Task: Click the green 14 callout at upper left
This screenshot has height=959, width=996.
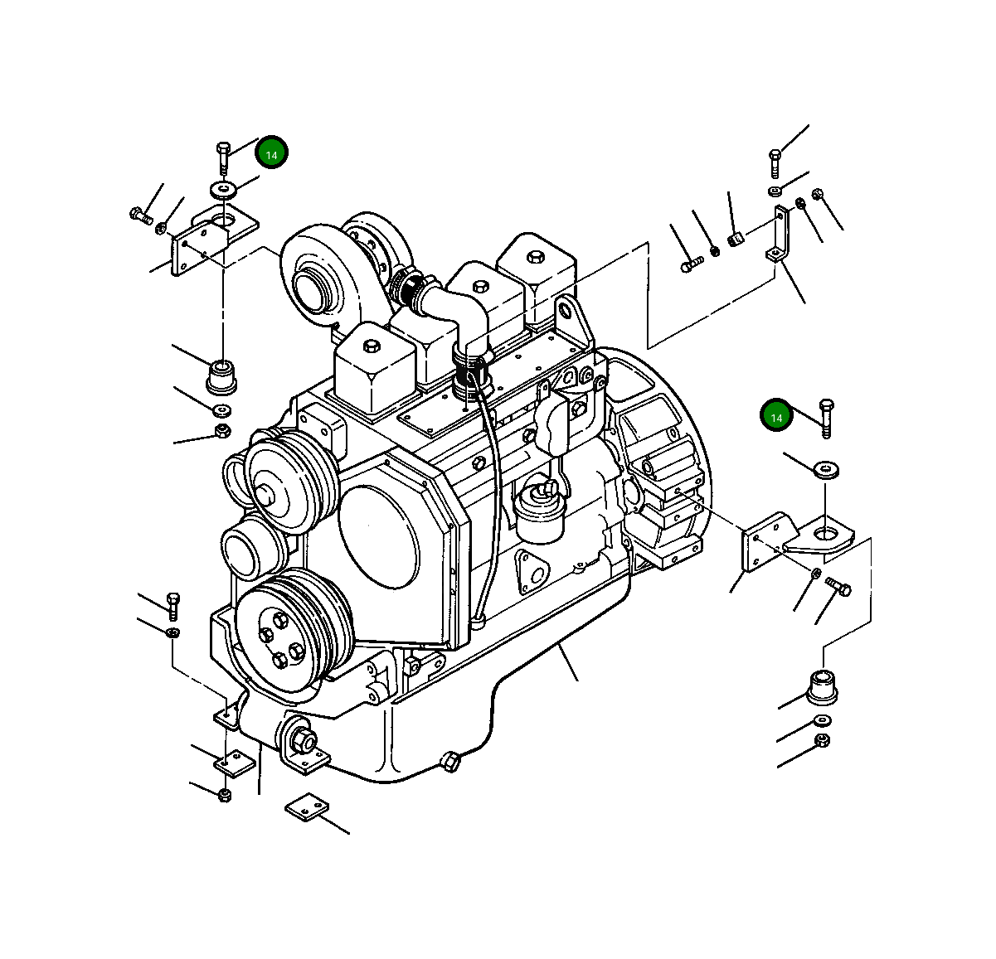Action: click(x=271, y=153)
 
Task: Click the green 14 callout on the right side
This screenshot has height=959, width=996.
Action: click(x=776, y=417)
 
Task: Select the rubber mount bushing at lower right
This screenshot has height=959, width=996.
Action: click(x=824, y=685)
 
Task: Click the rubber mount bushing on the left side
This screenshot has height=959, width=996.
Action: click(x=221, y=375)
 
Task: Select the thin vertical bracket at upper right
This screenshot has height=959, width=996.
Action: click(x=778, y=235)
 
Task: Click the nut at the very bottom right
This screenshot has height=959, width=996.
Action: click(x=822, y=740)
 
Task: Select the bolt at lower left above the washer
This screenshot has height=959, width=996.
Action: click(x=172, y=605)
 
